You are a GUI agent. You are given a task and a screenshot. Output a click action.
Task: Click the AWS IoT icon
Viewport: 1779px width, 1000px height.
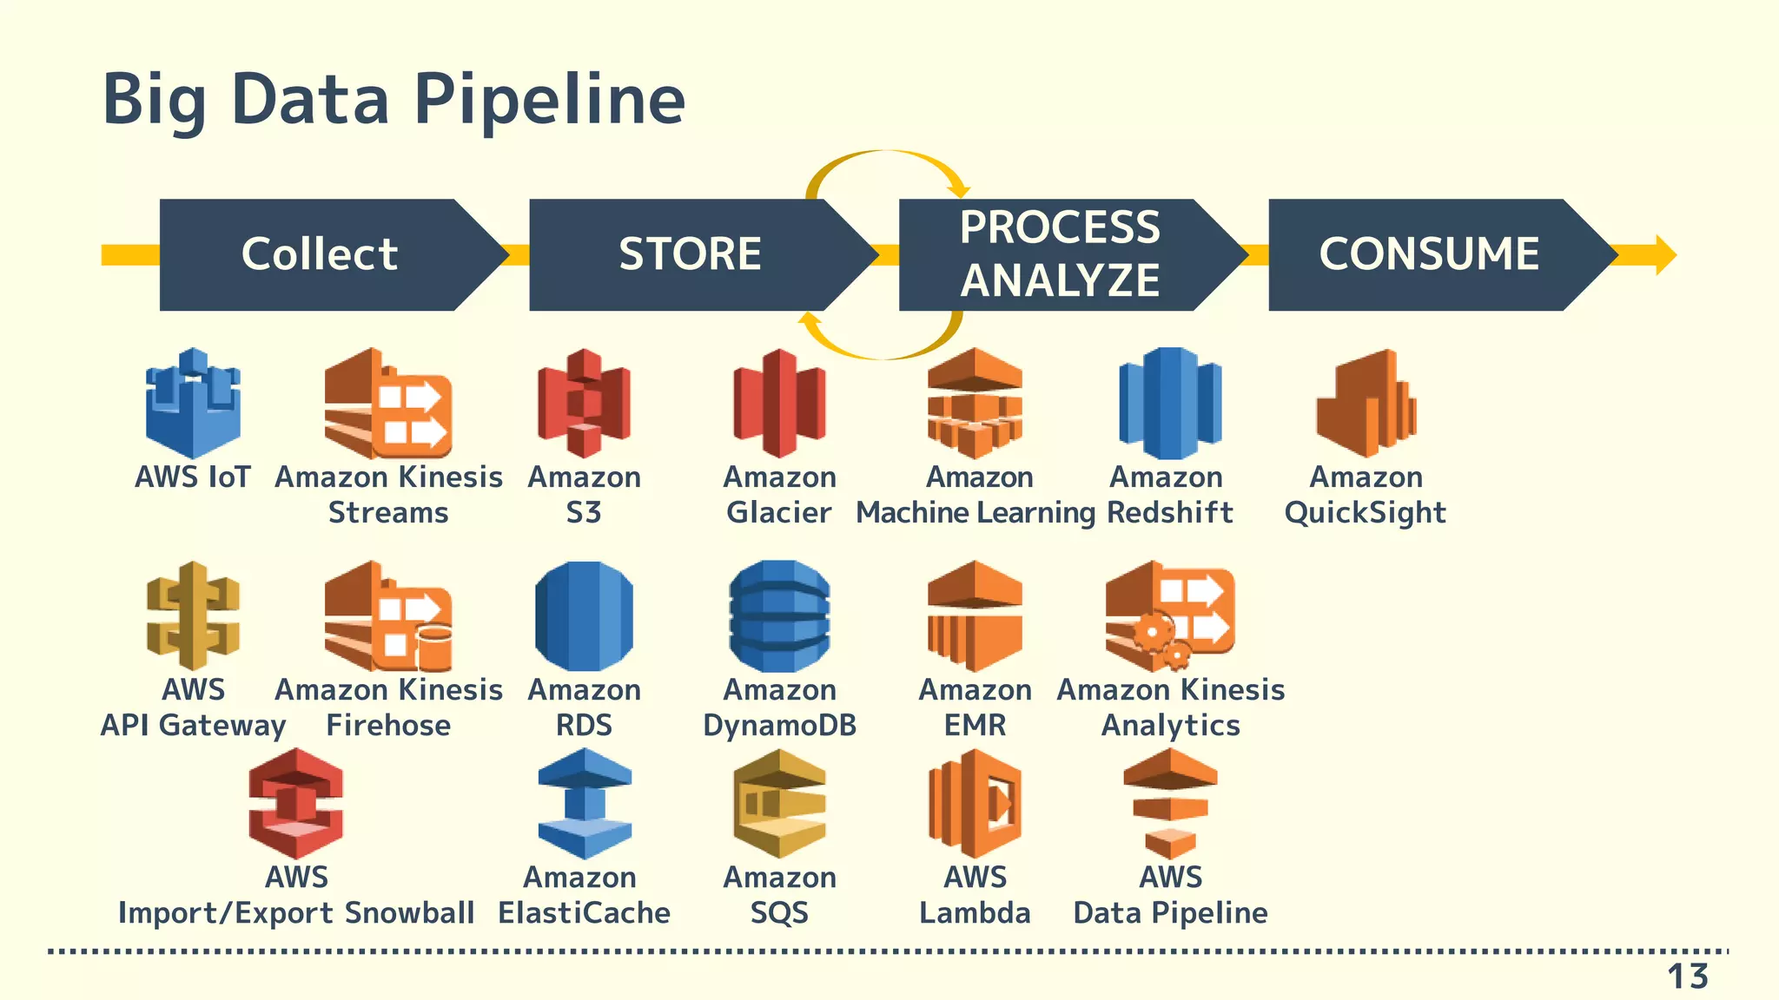[193, 404]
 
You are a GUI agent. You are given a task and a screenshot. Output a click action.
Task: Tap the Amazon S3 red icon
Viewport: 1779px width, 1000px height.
[584, 404]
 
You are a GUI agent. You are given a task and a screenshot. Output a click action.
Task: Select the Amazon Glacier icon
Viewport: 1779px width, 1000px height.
[779, 404]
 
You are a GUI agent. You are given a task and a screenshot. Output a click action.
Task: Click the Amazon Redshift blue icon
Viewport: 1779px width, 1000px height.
[1170, 404]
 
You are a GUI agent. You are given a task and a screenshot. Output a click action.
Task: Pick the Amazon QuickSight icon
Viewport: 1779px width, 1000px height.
[1366, 404]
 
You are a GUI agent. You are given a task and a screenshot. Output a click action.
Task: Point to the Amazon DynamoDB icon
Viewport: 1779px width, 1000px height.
[779, 616]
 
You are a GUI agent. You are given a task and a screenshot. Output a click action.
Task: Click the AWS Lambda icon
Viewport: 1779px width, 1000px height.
[975, 804]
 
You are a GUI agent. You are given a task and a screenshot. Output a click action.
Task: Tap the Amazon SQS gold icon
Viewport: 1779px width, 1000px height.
[779, 804]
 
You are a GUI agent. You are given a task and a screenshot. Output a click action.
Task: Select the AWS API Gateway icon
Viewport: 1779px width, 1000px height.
[193, 616]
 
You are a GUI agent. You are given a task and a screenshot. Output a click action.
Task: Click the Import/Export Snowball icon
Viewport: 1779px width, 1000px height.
[296, 804]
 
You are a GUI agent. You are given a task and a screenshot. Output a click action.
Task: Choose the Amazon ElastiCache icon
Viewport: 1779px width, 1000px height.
[584, 804]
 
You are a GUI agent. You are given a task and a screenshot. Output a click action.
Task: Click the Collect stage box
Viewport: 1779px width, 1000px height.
[320, 254]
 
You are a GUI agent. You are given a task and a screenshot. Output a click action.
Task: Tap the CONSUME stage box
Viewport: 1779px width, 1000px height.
[1429, 254]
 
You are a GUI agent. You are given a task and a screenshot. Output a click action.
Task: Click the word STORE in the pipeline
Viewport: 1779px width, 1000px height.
[690, 254]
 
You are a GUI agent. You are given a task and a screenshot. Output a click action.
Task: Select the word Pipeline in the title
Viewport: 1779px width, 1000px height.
[549, 100]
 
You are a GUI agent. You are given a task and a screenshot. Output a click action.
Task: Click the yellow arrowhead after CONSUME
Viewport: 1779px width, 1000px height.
[1664, 255]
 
